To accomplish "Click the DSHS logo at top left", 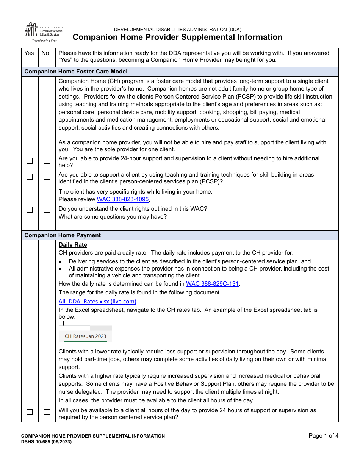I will [44, 33].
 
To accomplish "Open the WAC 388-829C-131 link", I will [212, 283].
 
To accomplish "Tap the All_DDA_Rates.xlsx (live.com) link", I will [97, 302].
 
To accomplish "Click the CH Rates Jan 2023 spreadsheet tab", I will [85, 336].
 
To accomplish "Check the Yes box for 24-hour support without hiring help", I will [30, 161].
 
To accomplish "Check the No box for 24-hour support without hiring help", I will [47, 161].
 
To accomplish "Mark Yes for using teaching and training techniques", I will [30, 177].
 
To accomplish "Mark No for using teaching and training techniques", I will [47, 177].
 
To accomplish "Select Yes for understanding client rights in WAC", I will [30, 210].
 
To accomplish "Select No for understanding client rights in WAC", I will [47, 210].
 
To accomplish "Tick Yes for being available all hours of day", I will [30, 412].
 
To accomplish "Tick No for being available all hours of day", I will [47, 412].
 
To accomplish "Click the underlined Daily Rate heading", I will [73, 245].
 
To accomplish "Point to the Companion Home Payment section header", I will [63, 235].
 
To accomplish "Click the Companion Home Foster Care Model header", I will [76, 72].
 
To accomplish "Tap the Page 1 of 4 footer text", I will [323, 436].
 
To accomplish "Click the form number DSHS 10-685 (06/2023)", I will [46, 442].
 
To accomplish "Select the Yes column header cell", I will [29, 53].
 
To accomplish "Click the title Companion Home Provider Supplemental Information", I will [177, 37].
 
